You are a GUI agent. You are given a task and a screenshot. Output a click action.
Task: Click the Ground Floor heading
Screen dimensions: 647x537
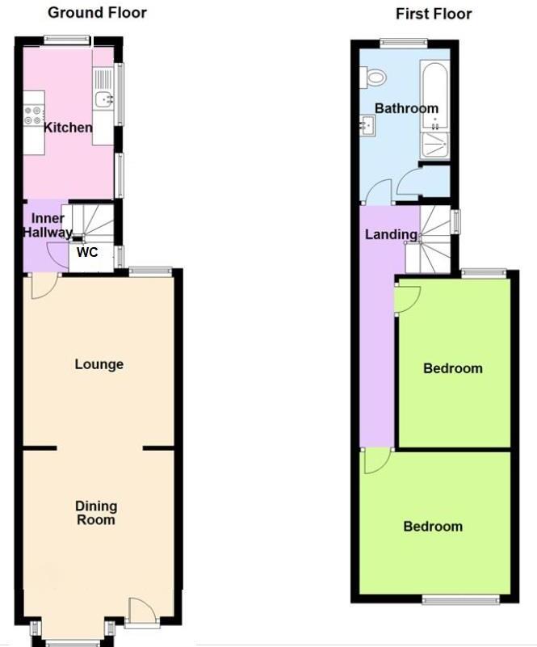(98, 13)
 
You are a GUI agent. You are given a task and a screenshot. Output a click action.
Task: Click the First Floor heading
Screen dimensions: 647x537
(434, 14)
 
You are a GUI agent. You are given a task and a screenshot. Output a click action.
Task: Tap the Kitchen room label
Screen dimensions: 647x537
(68, 128)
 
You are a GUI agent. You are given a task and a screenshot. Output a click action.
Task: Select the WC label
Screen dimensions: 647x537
(87, 252)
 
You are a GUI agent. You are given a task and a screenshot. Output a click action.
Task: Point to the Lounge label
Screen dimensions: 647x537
(99, 364)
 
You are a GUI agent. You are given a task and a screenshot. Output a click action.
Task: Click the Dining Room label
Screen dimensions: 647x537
(96, 513)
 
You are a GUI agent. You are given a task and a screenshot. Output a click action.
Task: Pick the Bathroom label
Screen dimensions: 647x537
(406, 108)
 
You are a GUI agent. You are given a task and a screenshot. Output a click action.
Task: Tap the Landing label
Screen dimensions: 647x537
(392, 235)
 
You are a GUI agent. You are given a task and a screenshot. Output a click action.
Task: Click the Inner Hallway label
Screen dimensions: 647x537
(48, 225)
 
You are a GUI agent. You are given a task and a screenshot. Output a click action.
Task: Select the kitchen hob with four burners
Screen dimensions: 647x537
(34, 115)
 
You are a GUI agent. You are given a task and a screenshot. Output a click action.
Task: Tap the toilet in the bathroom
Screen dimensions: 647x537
(375, 77)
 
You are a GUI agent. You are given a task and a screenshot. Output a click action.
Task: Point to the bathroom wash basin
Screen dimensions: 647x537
(367, 125)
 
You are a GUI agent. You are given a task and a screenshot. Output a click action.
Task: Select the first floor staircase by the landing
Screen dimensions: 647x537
(432, 238)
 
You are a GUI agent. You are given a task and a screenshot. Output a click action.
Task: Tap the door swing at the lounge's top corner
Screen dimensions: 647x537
(43, 286)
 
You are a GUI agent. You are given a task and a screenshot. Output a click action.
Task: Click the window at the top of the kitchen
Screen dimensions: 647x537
(67, 38)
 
